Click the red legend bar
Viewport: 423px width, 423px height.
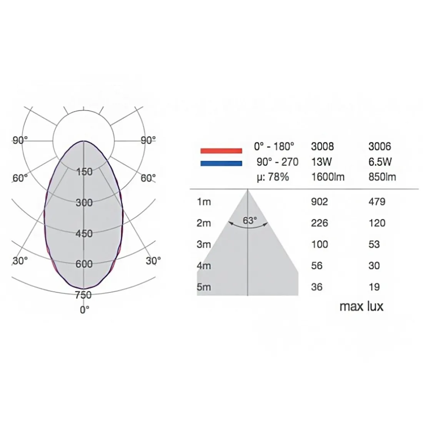tap(221, 151)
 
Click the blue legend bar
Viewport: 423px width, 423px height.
tap(221, 163)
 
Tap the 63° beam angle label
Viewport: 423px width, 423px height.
tap(250, 221)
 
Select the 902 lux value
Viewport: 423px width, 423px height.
tap(320, 202)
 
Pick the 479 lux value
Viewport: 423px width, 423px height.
tap(377, 202)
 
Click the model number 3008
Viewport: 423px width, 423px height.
tap(322, 147)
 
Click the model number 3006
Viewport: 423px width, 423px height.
tap(380, 147)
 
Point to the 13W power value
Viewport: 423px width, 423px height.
tap(321, 162)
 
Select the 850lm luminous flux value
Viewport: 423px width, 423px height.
tap(382, 177)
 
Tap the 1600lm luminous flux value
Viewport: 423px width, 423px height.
tap(328, 177)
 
